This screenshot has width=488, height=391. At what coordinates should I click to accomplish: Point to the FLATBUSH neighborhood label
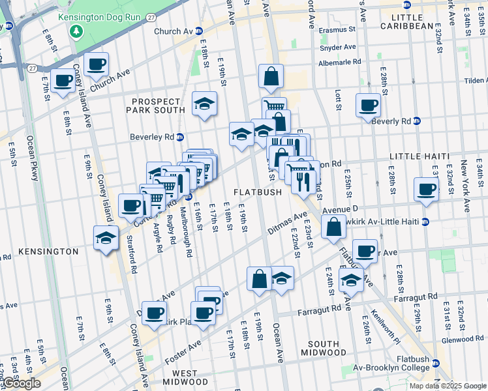258,192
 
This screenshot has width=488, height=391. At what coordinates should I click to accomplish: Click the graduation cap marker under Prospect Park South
204,104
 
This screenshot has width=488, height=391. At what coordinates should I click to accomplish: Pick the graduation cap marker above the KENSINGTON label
106,238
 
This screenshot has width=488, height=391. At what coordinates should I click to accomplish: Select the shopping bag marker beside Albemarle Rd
271,76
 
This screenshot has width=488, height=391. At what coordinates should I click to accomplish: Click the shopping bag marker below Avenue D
333,227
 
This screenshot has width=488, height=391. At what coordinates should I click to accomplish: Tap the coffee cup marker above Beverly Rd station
368,104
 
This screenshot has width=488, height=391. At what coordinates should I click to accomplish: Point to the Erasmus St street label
337,29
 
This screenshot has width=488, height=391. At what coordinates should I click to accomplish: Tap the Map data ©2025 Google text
448,386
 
